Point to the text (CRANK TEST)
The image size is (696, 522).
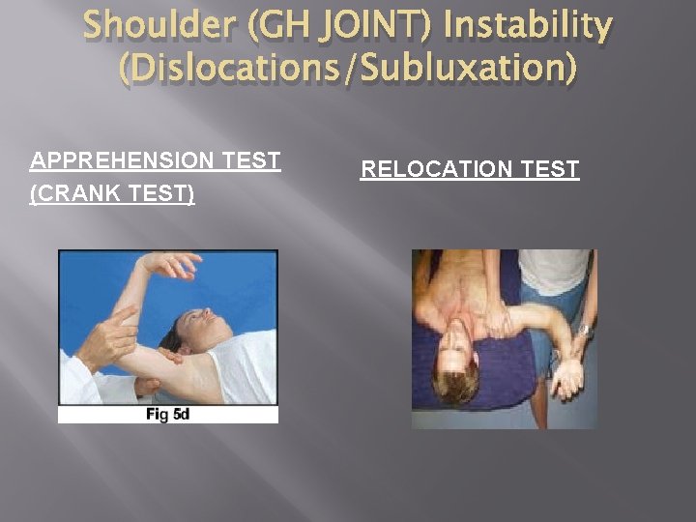[112, 194]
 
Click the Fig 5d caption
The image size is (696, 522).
[167, 415]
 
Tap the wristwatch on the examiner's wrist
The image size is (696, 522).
[584, 330]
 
